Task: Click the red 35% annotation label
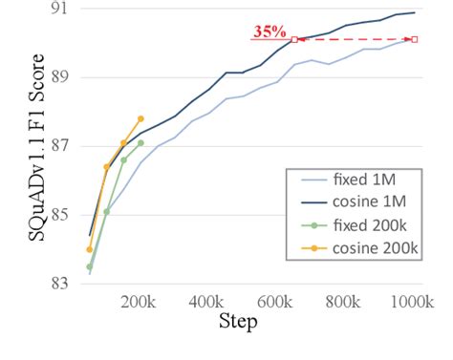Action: [270, 32]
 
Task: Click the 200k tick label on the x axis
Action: [139, 303]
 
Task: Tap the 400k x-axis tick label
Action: [206, 303]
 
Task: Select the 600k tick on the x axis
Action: [275, 303]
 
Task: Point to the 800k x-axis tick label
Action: [344, 303]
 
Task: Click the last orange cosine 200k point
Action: [140, 118]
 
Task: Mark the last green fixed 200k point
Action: [140, 143]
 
